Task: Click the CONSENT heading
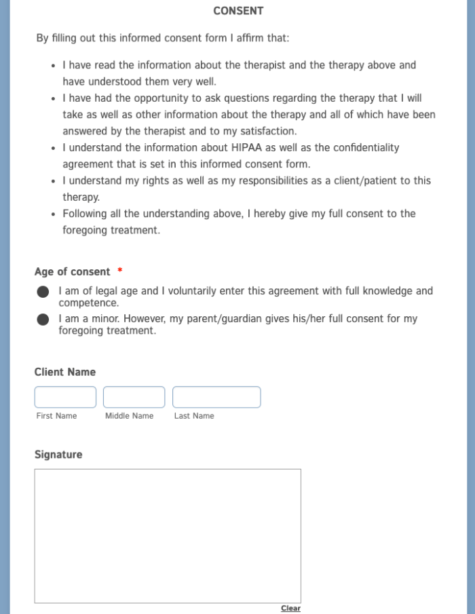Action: tap(238, 11)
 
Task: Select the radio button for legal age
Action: tap(43, 292)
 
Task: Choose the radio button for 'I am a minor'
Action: tap(43, 320)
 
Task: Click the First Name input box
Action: tap(65, 397)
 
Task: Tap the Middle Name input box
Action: tap(134, 397)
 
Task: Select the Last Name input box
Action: tap(216, 397)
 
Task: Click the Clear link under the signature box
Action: tap(290, 608)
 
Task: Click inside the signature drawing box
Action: tap(168, 535)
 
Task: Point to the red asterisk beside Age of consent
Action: tap(120, 271)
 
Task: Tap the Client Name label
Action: tap(65, 372)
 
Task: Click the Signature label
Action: tap(58, 455)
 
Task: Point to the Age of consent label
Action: tap(72, 272)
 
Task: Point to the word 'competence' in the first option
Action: tap(89, 303)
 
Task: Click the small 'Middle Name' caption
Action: tap(129, 416)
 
